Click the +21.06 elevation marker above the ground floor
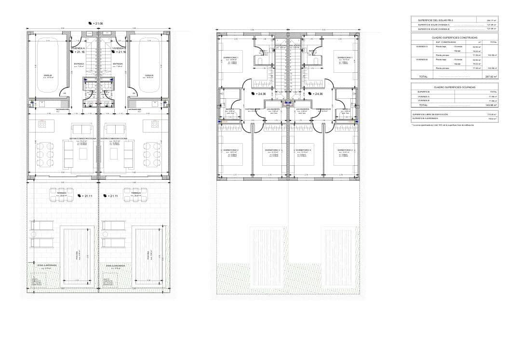(x=96, y=23)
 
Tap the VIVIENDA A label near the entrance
(x=78, y=48)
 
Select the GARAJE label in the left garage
(x=48, y=75)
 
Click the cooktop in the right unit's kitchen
(x=155, y=124)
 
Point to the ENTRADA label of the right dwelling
(x=118, y=63)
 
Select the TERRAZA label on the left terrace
(x=62, y=193)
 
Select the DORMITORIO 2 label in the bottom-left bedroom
(x=231, y=150)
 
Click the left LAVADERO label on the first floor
(x=274, y=109)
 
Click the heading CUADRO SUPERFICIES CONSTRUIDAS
(x=455, y=37)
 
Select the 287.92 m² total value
(x=492, y=76)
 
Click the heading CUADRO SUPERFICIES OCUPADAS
(x=455, y=87)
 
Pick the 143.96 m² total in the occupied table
(x=492, y=105)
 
